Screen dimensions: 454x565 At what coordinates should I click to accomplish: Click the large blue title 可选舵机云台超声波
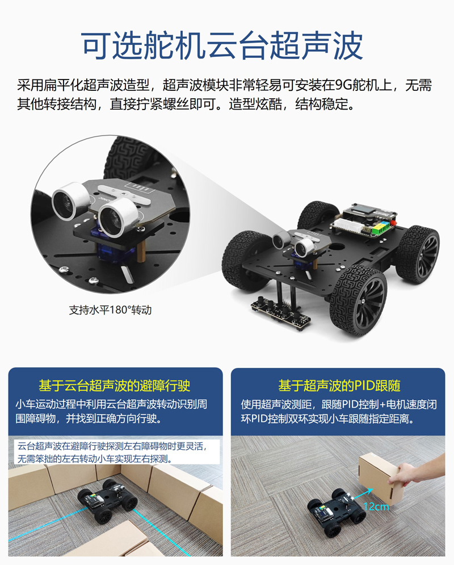point(222,46)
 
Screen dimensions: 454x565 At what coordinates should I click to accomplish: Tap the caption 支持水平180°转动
point(110,310)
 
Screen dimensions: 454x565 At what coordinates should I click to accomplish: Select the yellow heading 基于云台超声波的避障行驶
point(115,386)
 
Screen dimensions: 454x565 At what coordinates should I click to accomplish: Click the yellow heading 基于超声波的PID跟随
point(339,386)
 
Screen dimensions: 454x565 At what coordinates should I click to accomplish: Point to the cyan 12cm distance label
point(376,507)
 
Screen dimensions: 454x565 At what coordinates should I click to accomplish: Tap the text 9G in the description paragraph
point(343,85)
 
